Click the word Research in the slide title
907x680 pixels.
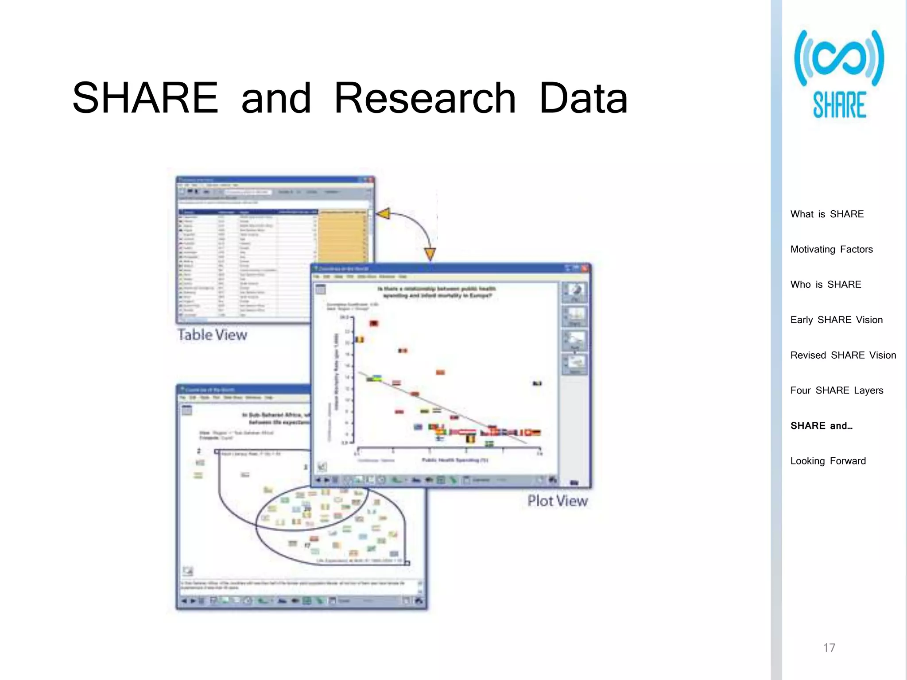tap(425, 98)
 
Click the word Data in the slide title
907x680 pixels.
tap(583, 98)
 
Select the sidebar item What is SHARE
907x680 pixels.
tap(827, 214)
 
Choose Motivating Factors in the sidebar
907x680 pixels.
tap(831, 249)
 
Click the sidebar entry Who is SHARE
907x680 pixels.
tap(826, 285)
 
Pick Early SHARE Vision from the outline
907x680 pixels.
tap(836, 320)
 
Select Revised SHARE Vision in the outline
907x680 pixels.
tap(843, 355)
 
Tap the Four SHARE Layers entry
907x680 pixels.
tap(837, 390)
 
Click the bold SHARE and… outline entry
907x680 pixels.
tap(821, 426)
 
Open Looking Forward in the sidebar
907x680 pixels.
tap(828, 461)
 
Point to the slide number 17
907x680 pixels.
tap(829, 648)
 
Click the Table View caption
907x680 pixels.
tap(212, 335)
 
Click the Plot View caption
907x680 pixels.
tap(557, 501)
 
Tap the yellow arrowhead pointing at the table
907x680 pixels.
tap(384, 214)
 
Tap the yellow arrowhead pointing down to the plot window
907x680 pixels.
tap(430, 254)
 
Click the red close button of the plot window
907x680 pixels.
tap(585, 268)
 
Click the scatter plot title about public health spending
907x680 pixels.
tap(437, 292)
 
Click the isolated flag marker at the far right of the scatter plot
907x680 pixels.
tap(537, 383)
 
